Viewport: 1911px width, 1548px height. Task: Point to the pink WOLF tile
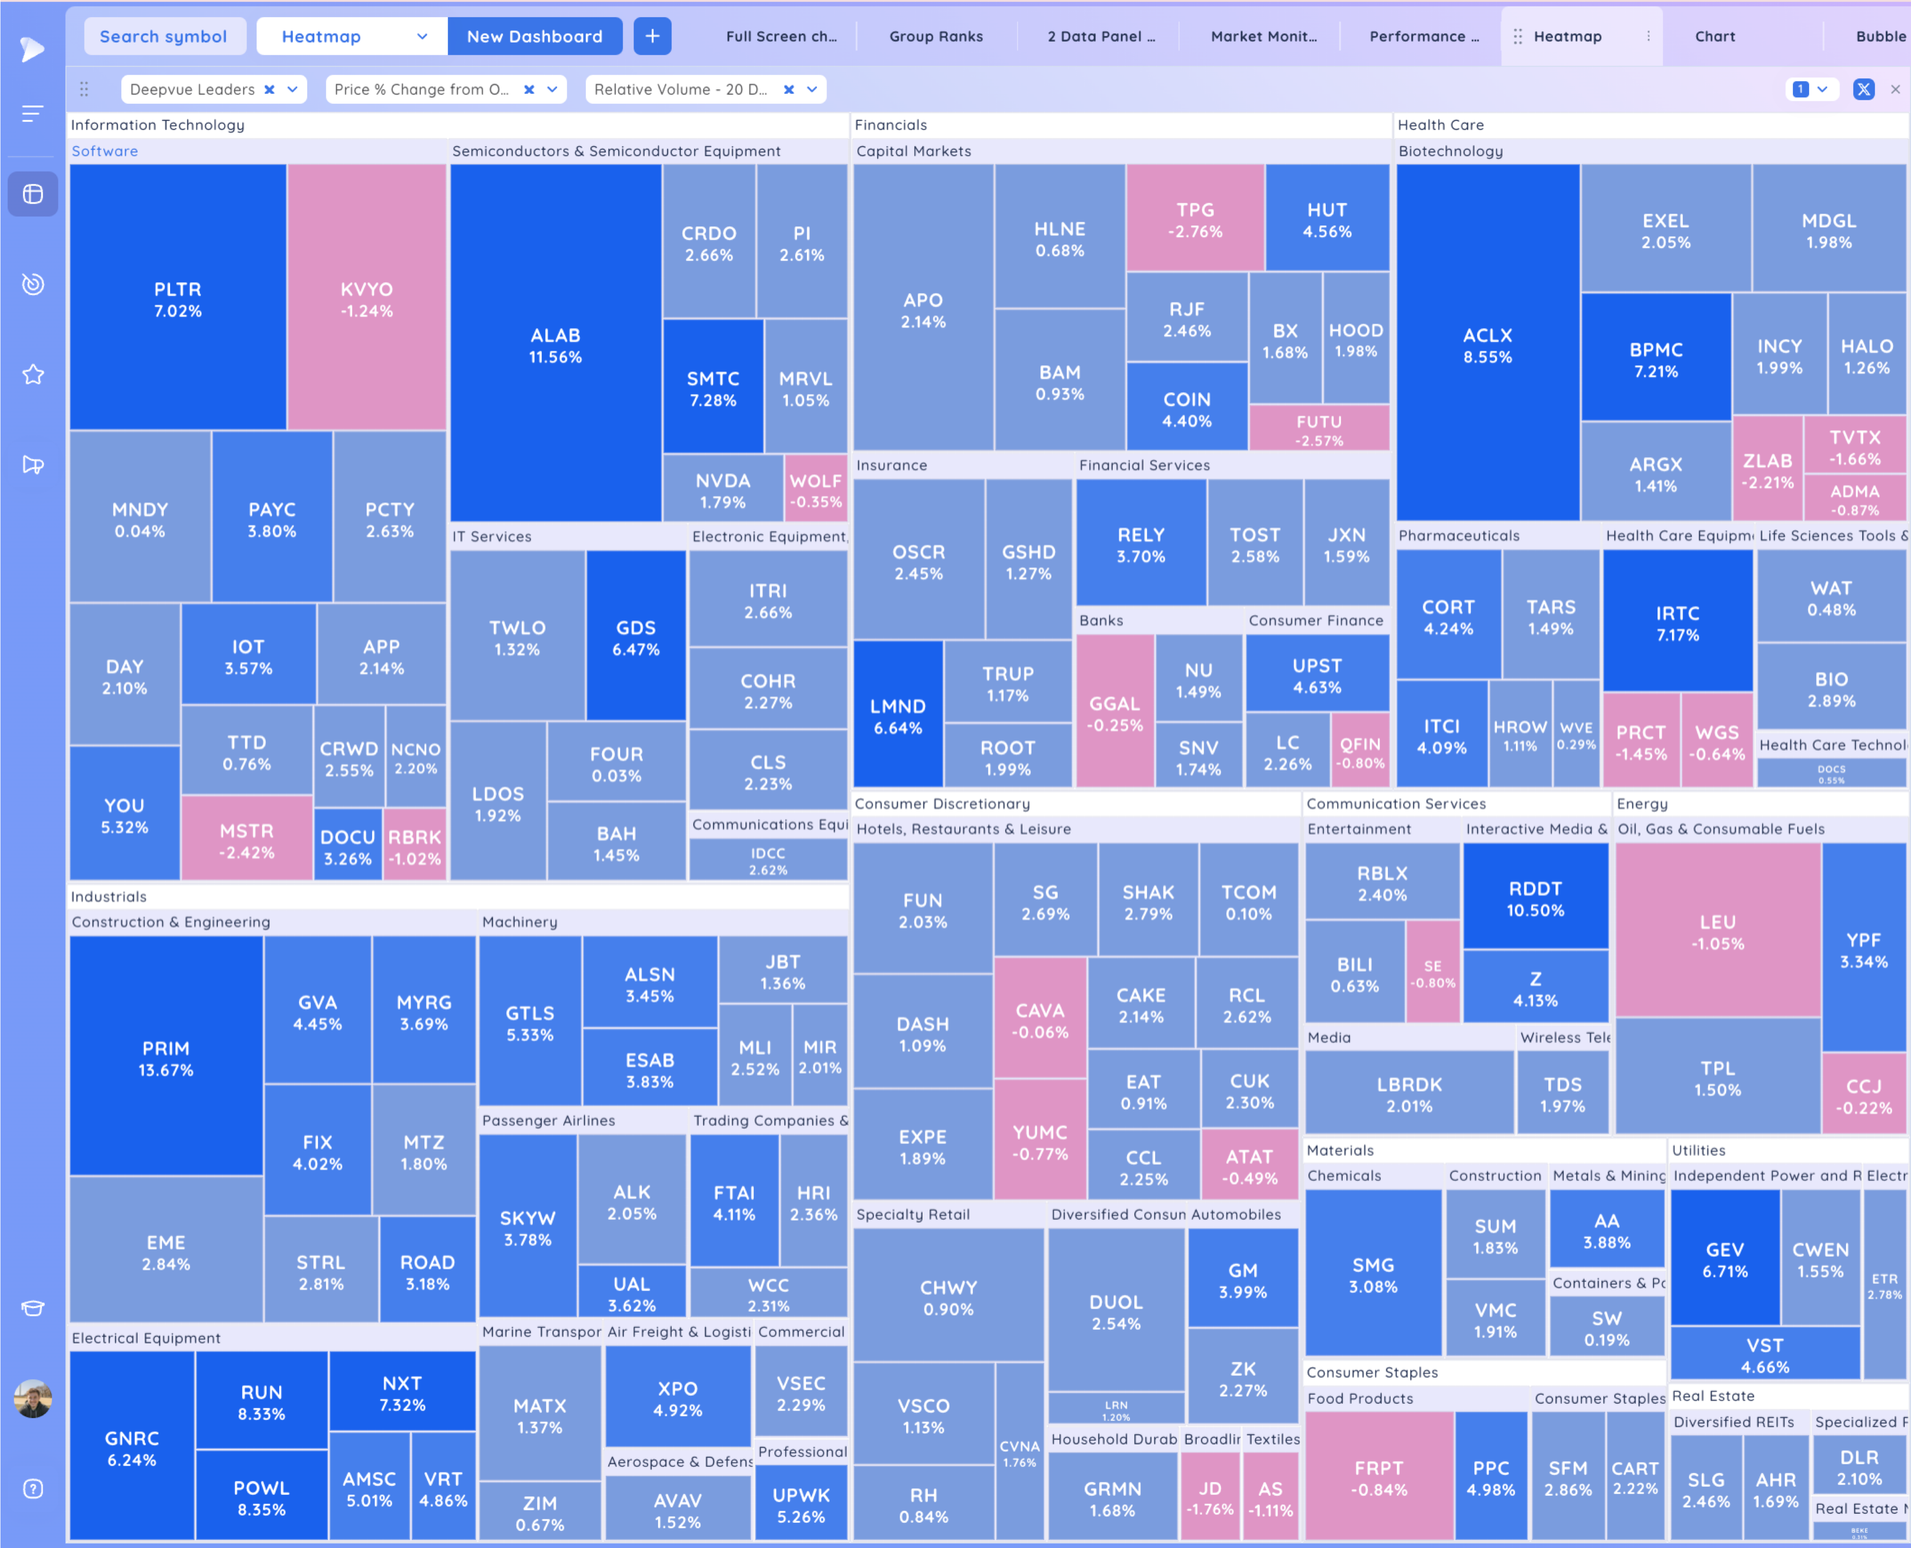815,490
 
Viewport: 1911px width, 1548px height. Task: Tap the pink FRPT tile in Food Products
1379,1478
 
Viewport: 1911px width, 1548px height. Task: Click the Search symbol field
164,37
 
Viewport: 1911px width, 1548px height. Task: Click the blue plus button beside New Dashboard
652,37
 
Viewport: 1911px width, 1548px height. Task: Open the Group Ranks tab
935,37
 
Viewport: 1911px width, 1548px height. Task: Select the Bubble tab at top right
1880,37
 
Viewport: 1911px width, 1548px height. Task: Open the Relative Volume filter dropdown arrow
812,89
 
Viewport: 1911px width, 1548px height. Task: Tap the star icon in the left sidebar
33,375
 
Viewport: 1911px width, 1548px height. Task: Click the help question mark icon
33,1489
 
